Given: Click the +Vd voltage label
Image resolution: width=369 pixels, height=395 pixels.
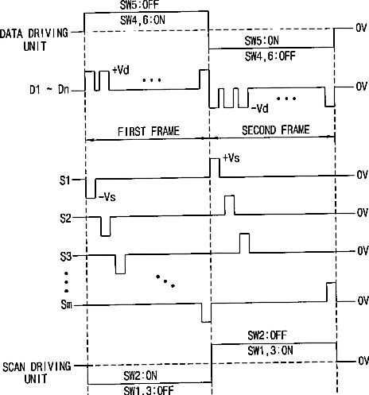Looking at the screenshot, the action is [121, 70].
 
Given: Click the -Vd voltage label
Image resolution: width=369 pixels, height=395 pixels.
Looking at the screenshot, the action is [260, 108].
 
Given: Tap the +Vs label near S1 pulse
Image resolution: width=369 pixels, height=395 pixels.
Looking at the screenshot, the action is [231, 158].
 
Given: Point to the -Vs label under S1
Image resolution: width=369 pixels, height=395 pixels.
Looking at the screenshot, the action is [107, 197].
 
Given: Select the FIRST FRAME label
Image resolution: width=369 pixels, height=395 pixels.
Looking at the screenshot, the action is [149, 131].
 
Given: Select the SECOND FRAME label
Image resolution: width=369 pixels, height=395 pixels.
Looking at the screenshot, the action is [276, 130].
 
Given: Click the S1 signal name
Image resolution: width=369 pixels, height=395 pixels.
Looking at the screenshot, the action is [65, 180].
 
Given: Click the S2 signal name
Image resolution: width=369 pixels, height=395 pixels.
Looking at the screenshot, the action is [65, 219].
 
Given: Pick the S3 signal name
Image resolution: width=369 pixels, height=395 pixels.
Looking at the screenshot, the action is [66, 257].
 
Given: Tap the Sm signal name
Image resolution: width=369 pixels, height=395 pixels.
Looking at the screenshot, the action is [66, 304].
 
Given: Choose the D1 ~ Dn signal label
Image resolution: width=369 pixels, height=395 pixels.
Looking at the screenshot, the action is [49, 90].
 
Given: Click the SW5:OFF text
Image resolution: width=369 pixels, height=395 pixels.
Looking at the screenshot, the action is [139, 6].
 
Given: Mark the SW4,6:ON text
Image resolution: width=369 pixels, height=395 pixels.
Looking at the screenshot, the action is [142, 20].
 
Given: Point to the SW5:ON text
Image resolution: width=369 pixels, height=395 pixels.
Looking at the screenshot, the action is [262, 41].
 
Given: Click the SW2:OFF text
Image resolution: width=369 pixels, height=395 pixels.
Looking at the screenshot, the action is [267, 335].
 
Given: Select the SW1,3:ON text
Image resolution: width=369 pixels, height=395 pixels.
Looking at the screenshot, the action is [270, 350].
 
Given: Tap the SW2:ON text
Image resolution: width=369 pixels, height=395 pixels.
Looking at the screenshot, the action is [141, 375].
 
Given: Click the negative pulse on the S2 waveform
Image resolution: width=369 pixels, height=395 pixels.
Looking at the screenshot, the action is [106, 227].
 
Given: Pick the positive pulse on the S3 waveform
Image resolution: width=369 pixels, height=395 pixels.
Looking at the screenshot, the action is [245, 243].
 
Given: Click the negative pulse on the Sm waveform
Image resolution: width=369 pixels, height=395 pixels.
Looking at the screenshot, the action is [206, 313].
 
